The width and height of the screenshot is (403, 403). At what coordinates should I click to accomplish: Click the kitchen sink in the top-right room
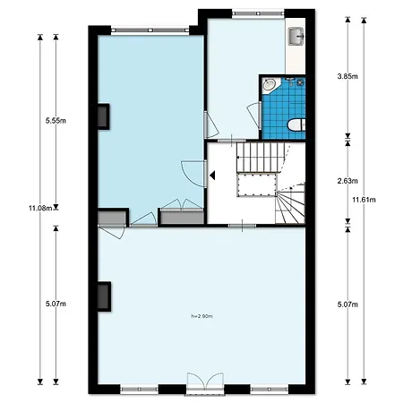click(x=296, y=37)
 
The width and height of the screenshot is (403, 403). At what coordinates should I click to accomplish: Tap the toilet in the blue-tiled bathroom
click(x=298, y=124)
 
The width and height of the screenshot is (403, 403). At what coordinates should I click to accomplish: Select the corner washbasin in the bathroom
click(x=270, y=86)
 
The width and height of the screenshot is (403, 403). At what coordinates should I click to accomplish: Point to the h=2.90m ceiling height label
click(x=202, y=316)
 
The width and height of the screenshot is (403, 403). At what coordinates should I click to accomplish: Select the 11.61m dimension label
click(x=363, y=199)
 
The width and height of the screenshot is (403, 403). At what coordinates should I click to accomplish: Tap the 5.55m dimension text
click(x=55, y=122)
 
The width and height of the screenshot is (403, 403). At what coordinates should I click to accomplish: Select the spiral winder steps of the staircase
click(x=292, y=202)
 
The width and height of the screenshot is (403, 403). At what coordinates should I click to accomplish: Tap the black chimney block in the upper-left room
click(x=104, y=117)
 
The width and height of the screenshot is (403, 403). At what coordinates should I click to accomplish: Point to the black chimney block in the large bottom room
click(x=104, y=296)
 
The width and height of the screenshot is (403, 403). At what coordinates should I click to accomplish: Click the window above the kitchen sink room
click(x=245, y=13)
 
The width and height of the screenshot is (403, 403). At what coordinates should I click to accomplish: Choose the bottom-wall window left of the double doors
click(x=138, y=390)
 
